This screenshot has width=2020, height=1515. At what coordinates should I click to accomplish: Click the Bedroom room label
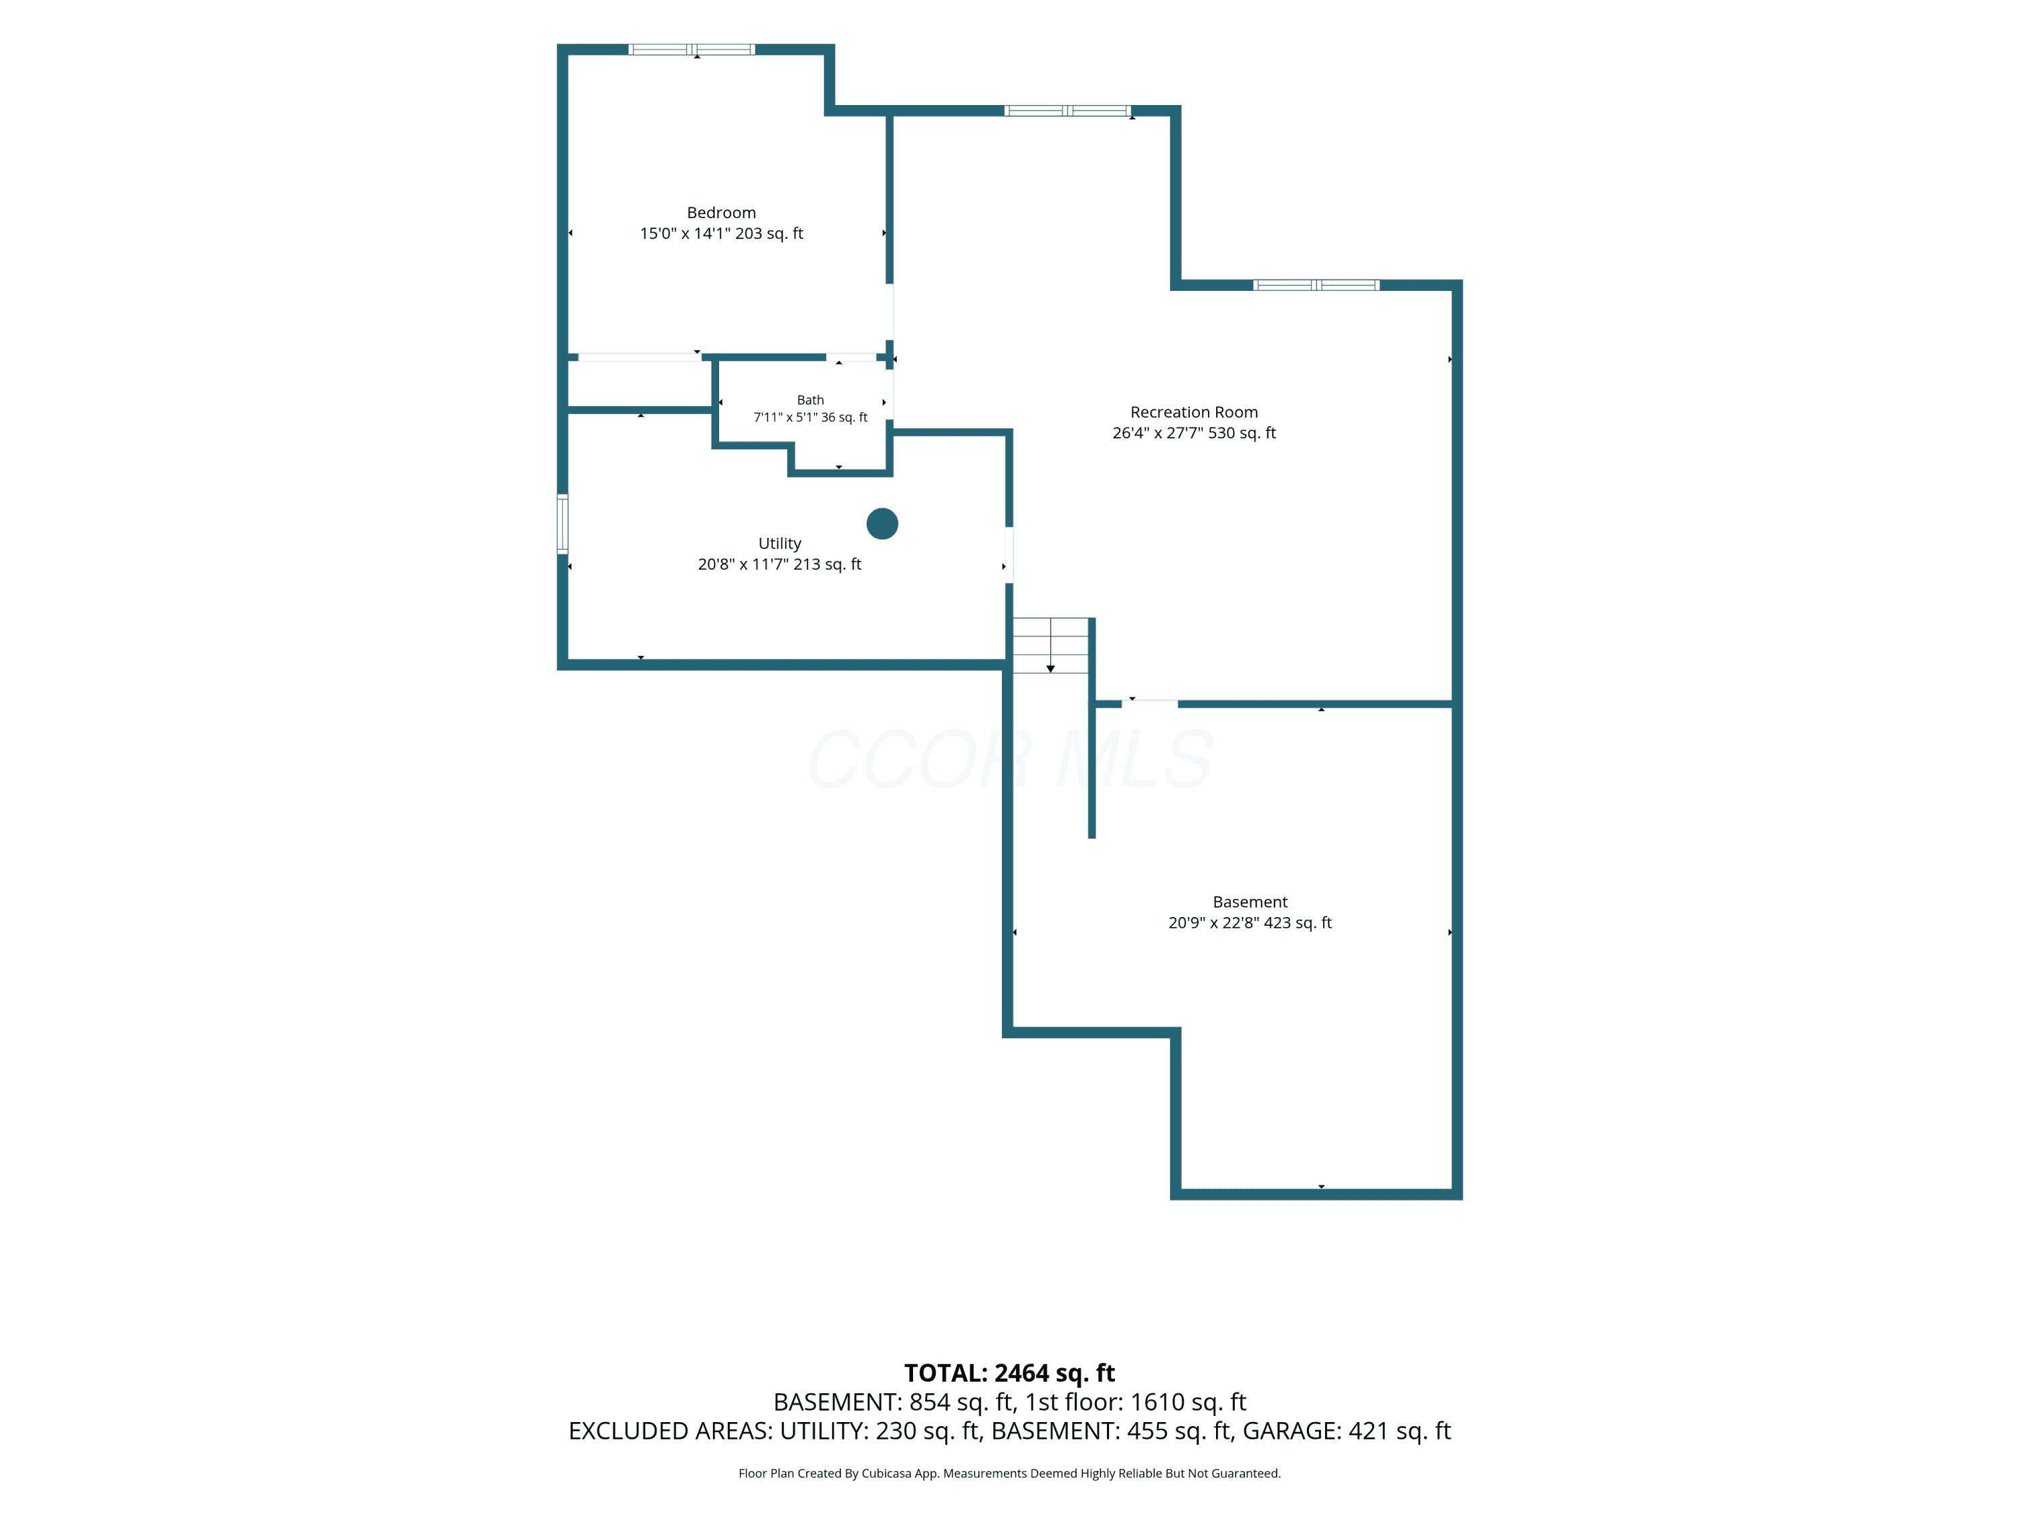[721, 213]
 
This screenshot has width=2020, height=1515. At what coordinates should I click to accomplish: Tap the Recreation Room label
[1194, 412]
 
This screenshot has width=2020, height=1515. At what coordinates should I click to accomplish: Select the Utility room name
[780, 543]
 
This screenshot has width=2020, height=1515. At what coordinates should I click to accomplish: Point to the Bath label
[810, 400]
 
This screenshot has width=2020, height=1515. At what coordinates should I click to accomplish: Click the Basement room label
[1250, 902]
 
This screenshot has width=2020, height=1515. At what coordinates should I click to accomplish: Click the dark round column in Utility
[882, 523]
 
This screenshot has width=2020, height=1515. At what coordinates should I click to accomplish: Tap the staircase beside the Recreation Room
[1050, 646]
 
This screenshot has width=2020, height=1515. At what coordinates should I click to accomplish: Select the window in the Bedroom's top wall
[692, 49]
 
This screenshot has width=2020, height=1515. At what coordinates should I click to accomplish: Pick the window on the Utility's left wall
[562, 524]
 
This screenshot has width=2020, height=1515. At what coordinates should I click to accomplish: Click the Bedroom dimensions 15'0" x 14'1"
[685, 234]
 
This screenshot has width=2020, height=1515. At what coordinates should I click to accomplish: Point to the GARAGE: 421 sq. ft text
[1346, 1431]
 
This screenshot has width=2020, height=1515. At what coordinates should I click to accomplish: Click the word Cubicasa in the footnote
[887, 1473]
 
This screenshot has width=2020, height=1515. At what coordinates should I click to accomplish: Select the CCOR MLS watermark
[1010, 759]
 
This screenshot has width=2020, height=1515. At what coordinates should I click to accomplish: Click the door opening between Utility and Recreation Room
[1009, 555]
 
